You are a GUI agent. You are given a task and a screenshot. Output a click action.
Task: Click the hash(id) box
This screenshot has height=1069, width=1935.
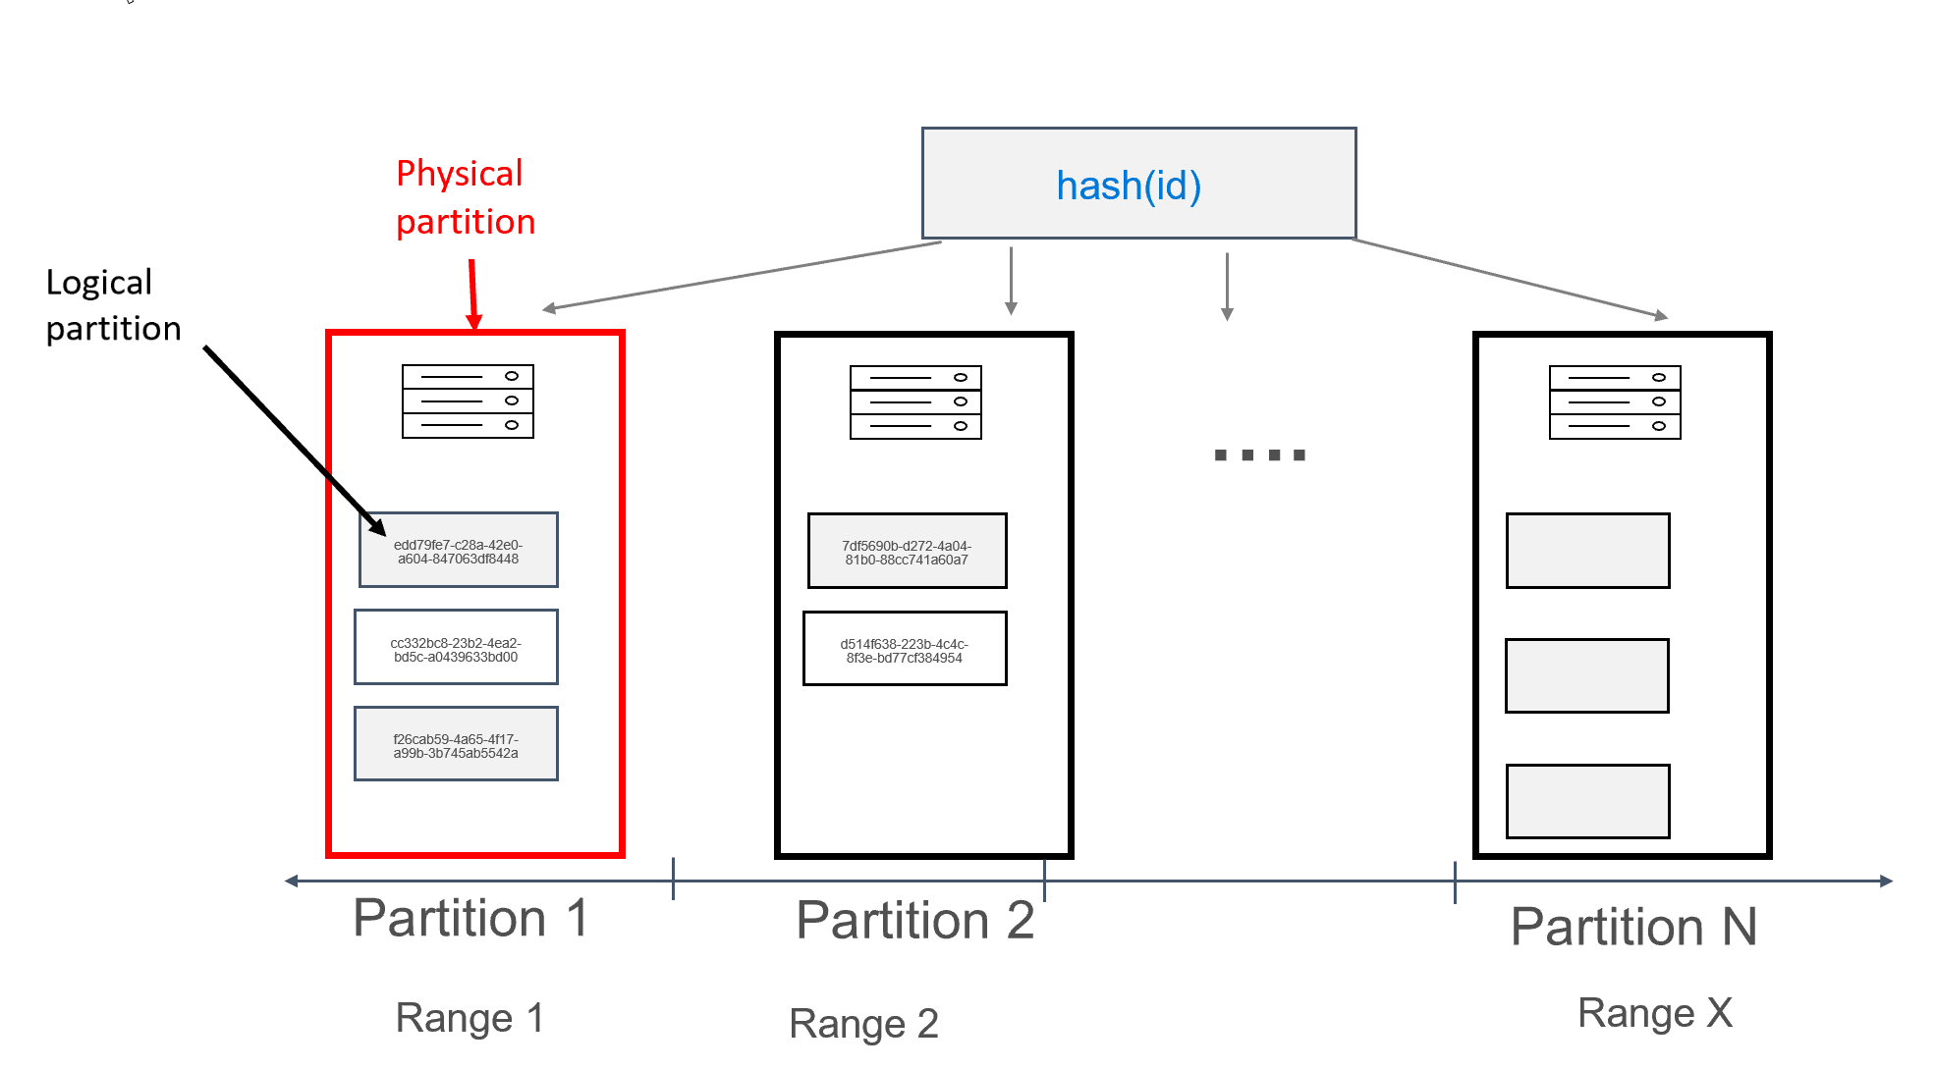(x=1137, y=184)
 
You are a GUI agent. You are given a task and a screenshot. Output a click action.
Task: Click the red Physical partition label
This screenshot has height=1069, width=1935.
(x=465, y=197)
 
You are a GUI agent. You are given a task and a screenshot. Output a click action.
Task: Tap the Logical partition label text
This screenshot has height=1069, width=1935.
(x=113, y=305)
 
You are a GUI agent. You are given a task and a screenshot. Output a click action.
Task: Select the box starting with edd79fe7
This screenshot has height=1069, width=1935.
(x=458, y=551)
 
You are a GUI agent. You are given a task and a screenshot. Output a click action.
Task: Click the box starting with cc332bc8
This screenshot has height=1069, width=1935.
(x=456, y=648)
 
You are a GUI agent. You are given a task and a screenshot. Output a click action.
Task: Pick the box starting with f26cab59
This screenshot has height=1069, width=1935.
(x=456, y=745)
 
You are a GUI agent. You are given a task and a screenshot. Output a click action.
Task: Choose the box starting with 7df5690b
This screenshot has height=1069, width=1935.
(x=907, y=552)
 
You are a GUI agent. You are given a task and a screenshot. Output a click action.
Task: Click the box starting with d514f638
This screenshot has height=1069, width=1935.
(x=905, y=650)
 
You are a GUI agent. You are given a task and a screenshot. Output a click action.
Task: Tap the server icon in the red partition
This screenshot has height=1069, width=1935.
(x=468, y=401)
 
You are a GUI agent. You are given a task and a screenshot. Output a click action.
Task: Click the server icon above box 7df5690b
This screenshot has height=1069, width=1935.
(x=915, y=402)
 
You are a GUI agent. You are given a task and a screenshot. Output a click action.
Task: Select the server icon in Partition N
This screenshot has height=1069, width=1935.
(x=1614, y=402)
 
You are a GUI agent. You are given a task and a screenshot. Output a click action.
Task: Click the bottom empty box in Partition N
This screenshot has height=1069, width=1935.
(x=1587, y=802)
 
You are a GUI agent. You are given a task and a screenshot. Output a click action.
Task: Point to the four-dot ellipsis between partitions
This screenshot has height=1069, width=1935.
(x=1259, y=454)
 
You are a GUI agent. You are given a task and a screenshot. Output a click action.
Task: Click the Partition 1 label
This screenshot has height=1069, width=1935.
(x=470, y=919)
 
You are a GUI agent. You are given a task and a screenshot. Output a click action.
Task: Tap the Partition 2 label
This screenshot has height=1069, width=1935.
(x=914, y=921)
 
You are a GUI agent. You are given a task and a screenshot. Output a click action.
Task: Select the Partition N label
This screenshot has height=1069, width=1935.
(x=1632, y=927)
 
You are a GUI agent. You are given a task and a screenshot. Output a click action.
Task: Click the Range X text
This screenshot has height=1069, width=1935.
(x=1654, y=1013)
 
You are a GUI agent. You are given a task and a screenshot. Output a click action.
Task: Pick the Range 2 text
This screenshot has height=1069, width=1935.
(x=863, y=1024)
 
